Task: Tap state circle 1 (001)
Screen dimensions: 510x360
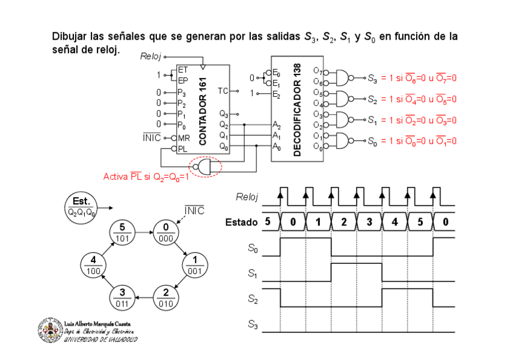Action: click(194, 265)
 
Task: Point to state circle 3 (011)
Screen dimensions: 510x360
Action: click(123, 297)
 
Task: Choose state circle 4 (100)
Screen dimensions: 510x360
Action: click(94, 265)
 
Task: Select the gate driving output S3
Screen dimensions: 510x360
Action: click(342, 78)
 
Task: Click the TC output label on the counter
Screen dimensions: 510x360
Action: click(223, 91)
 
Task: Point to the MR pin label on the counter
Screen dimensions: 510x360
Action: click(183, 138)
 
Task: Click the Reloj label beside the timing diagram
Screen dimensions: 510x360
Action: click(247, 196)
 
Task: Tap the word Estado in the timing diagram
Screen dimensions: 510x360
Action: click(241, 222)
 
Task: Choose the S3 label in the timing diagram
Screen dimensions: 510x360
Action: click(253, 325)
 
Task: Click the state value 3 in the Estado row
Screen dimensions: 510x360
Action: click(369, 222)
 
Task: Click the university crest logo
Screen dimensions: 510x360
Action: click(50, 330)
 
